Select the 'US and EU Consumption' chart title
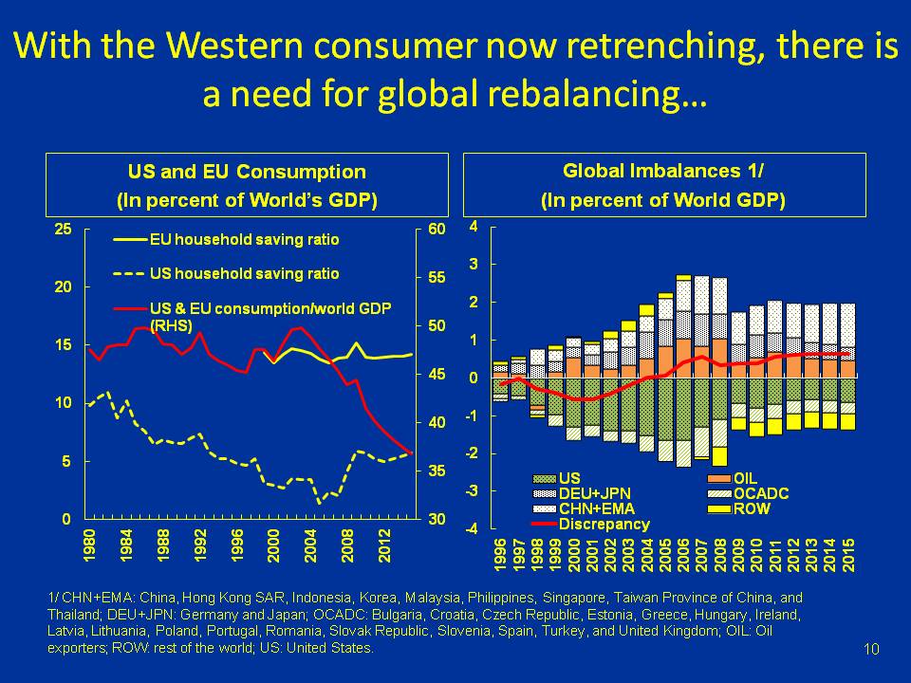pos(247,172)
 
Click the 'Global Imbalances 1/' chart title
pos(663,171)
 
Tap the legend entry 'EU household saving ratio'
pos(244,240)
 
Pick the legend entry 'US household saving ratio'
pos(244,273)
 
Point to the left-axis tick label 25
pos(64,229)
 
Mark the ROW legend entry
pos(750,509)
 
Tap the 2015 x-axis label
pos(848,556)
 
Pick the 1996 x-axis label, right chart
pos(500,556)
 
